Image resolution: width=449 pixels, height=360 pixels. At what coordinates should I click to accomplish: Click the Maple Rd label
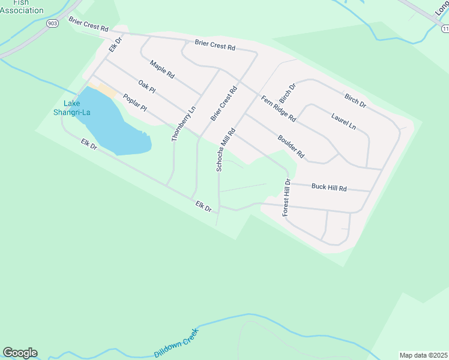coord(162,70)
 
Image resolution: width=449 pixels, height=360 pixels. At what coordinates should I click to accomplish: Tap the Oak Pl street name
coord(146,86)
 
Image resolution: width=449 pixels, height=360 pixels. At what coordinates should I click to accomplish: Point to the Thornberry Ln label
coord(184,124)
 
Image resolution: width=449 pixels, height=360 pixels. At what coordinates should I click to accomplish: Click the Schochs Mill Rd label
coord(225,149)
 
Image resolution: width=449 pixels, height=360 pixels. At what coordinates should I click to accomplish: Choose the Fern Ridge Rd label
coord(279,109)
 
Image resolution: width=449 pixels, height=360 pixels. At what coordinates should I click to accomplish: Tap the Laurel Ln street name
coord(343,119)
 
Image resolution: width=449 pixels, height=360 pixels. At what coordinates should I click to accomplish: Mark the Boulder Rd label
coord(292,146)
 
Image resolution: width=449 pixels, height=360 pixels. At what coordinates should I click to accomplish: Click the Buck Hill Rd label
coord(329,187)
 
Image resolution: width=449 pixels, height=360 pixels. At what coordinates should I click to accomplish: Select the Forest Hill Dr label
coord(286,198)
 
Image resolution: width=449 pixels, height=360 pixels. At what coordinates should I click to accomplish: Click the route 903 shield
coord(53,23)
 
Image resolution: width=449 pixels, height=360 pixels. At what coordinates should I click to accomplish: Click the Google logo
coord(20,353)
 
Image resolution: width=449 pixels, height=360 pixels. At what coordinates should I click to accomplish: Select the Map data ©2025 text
coord(423,355)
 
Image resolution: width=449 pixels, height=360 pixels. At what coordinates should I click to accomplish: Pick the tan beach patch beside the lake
coord(107,91)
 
